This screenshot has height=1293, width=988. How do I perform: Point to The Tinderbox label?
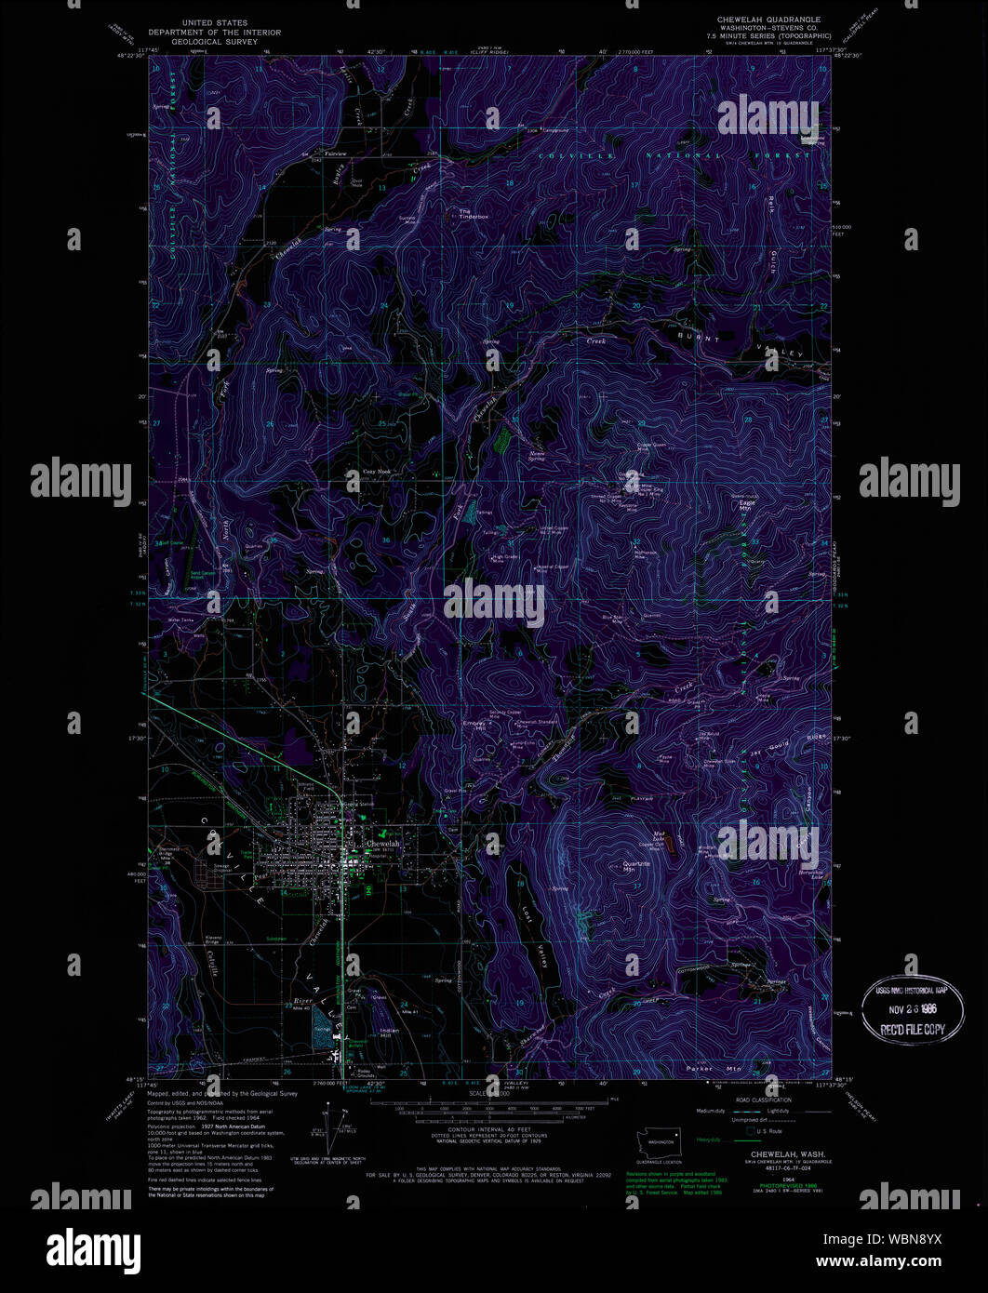coord(473,213)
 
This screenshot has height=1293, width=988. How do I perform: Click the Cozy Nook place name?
coord(376,472)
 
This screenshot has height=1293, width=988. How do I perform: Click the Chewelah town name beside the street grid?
coord(382,843)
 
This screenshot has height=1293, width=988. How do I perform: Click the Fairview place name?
coord(336,153)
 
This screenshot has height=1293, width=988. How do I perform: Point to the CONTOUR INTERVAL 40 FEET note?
coord(479,1128)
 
